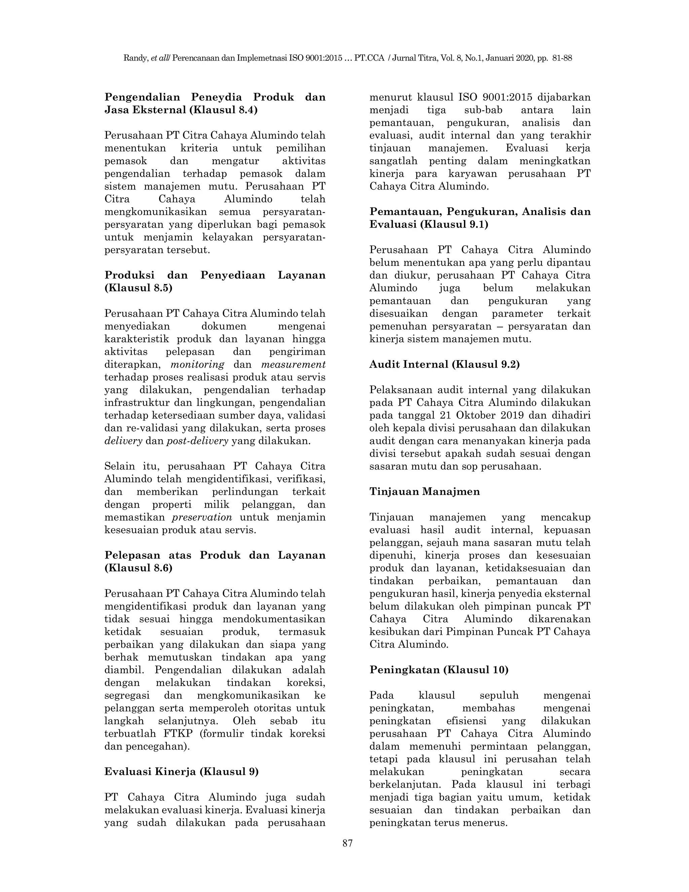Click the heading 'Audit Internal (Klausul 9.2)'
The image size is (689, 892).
444,364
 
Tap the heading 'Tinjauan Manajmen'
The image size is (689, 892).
425,491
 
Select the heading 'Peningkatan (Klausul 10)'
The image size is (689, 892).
439,670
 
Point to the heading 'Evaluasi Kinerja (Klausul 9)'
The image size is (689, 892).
182,771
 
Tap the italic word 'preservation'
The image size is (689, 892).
202,517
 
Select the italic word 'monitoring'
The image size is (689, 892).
197,364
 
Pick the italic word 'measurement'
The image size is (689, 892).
293,364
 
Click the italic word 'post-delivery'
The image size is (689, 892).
197,441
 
